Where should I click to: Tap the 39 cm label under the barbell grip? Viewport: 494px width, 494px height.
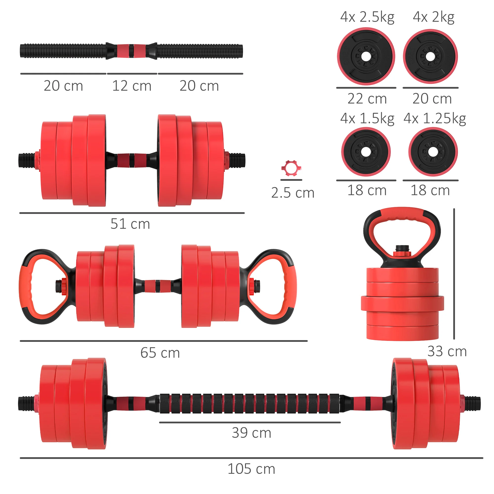point(251,433)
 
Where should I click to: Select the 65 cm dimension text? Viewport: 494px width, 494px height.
point(160,353)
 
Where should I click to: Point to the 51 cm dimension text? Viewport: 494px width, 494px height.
point(130,224)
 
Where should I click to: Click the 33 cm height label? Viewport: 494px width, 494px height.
point(447,351)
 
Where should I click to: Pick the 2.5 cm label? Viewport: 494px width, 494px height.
point(292,193)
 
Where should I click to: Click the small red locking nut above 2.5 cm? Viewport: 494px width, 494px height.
point(291,168)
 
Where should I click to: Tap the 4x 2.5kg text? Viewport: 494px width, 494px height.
point(367,17)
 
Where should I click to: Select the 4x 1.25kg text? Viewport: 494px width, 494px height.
point(435,118)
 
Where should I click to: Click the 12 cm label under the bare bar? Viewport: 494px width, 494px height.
point(132,86)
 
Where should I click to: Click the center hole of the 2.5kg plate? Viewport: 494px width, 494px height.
point(366,56)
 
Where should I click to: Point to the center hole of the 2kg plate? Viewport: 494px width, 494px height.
point(430,57)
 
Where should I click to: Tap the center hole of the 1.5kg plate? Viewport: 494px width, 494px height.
point(366,152)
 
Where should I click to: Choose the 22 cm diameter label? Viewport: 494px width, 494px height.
point(367,99)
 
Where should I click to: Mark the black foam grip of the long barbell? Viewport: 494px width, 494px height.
point(249,404)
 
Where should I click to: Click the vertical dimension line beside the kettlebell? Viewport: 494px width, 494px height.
point(454,274)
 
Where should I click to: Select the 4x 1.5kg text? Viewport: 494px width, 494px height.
point(367,118)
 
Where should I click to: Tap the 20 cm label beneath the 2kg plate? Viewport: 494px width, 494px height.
point(432,99)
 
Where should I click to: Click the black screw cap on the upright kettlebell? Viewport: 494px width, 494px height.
point(402,248)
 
